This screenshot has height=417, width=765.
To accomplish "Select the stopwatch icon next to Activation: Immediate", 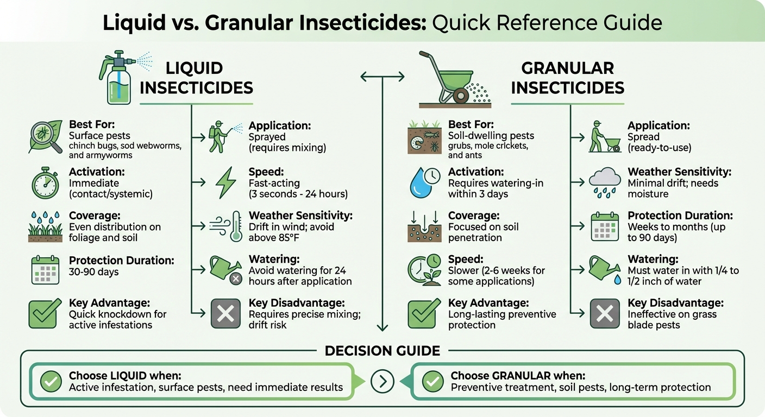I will tap(44, 184).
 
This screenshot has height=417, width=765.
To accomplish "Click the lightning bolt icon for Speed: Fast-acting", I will tap(225, 183).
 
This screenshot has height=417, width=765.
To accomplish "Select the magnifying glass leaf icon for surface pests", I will tap(44, 138).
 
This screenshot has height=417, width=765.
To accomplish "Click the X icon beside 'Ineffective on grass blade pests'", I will tap(605, 313).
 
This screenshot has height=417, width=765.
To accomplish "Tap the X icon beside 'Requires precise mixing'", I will tap(225, 313).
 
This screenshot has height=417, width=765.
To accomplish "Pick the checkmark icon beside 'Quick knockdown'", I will tap(44, 313).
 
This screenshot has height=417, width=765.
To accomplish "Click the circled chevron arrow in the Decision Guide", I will tap(382, 382).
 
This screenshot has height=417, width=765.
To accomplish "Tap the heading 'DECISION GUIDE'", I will tap(382, 351).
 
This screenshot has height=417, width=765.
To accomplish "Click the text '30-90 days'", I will tap(93, 271).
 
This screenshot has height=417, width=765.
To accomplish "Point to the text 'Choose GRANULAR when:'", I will tap(518, 376).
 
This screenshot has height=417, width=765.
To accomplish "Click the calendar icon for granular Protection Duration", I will tap(605, 226).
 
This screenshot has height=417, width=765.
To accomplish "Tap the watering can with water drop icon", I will tap(605, 270).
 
